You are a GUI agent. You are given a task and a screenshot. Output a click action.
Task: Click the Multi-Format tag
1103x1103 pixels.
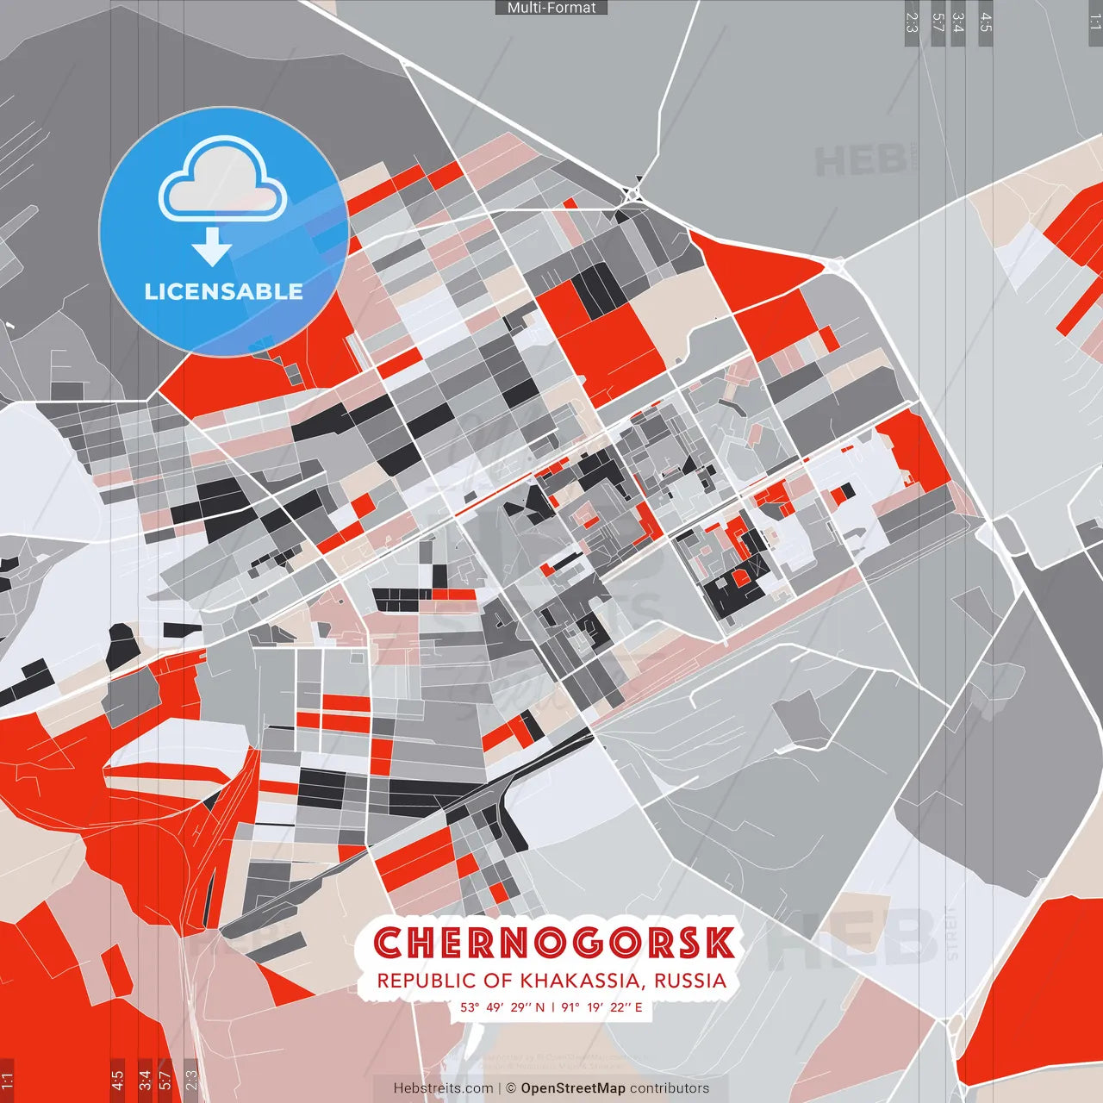[551, 8]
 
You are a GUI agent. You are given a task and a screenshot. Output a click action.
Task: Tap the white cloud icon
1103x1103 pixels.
[223, 183]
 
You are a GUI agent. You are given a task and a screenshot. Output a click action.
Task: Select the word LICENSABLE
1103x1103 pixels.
[223, 291]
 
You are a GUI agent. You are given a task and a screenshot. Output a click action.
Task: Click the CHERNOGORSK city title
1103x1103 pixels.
[554, 943]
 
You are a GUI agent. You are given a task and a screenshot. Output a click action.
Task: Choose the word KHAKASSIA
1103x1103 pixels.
[579, 981]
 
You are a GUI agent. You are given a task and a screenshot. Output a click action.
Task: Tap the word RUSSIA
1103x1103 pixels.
[690, 981]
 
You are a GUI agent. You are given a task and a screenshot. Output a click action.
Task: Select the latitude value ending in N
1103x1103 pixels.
[502, 1007]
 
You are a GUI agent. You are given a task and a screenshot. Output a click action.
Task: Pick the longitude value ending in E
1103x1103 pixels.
[601, 1007]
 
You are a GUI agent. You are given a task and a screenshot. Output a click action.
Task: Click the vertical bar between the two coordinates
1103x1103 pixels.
[552, 1007]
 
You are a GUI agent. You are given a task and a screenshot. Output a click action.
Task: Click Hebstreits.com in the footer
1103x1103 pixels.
[443, 1088]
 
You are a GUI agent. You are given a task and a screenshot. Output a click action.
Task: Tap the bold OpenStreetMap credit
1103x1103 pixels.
[573, 1088]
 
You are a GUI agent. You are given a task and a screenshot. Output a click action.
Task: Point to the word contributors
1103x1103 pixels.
[670, 1088]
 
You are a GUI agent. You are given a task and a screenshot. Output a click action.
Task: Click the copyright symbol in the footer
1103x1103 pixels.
[511, 1088]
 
